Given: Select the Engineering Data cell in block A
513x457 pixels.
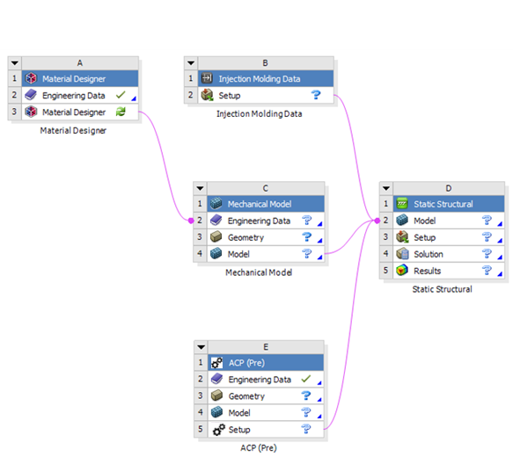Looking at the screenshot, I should point(75,96).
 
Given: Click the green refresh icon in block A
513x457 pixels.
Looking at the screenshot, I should point(121,112).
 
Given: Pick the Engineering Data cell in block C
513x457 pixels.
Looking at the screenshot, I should point(259,221).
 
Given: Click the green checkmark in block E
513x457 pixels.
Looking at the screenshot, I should point(306,380).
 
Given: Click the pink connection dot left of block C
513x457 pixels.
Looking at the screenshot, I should point(191,221).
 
